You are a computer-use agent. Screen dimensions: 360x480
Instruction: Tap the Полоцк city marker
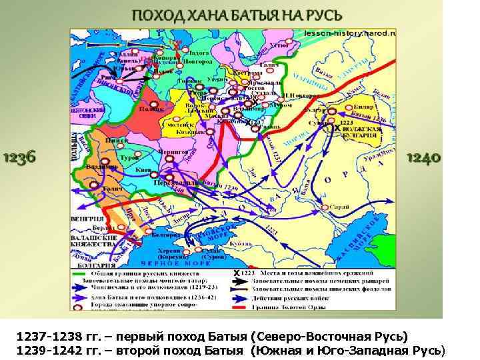[153, 105]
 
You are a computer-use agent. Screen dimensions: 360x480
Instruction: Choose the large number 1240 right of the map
[423, 158]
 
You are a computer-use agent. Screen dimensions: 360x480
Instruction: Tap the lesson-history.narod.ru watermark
[350, 31]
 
